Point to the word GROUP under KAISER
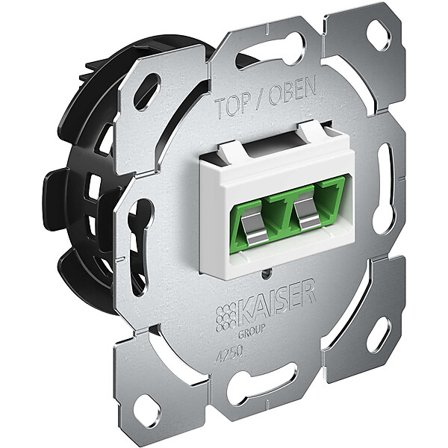coord(252,332)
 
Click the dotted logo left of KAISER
coord(226,317)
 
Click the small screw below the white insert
coord(267,274)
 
